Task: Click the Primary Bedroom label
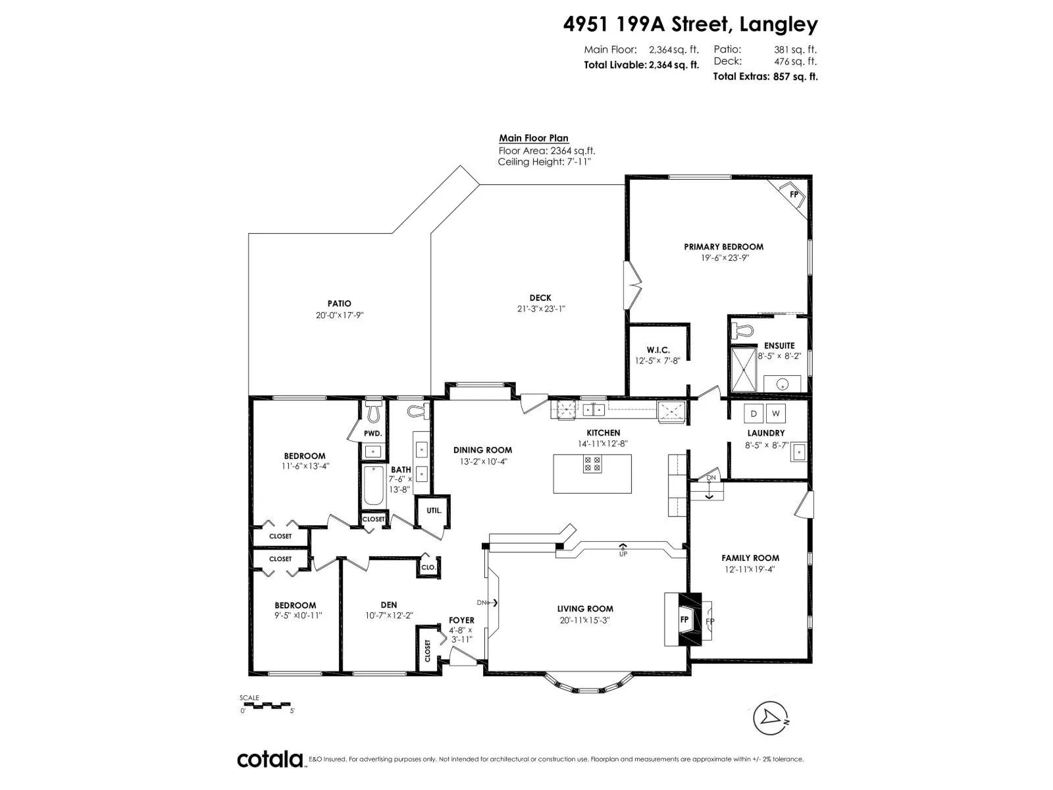point(723,247)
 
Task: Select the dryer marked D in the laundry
point(753,413)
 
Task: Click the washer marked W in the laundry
point(776,413)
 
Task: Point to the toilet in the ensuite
point(743,330)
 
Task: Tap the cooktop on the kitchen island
point(592,463)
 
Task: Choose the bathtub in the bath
point(373,485)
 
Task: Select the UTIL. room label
point(434,510)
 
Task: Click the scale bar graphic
point(267,705)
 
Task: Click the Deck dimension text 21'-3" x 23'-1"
point(541,309)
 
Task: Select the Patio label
point(339,303)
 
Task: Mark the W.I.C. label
point(657,350)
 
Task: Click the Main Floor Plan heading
point(534,138)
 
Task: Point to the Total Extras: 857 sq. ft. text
point(765,76)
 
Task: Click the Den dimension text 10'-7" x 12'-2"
point(389,616)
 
